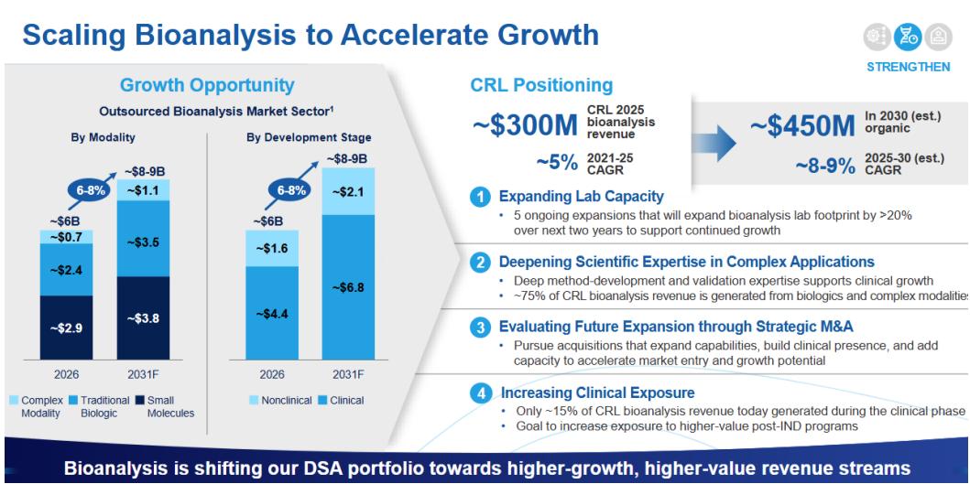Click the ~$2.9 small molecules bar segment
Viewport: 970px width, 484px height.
[x=66, y=328]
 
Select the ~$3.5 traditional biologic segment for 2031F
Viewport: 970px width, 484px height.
[x=143, y=238]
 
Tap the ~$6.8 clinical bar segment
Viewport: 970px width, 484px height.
[x=348, y=286]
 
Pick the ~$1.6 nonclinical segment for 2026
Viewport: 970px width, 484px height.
[x=271, y=248]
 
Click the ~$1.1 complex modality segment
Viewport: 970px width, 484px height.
[x=143, y=189]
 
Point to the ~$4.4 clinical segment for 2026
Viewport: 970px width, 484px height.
[x=271, y=313]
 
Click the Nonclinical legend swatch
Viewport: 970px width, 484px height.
[x=254, y=401]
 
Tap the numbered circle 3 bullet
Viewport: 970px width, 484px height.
[x=479, y=327]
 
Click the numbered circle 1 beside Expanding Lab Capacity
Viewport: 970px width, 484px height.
[x=479, y=198]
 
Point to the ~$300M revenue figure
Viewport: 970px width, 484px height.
[x=526, y=125]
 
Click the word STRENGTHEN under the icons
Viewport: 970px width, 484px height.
[x=908, y=67]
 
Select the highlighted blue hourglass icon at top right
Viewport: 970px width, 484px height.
[x=908, y=38]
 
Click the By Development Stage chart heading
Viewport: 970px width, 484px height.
[x=309, y=137]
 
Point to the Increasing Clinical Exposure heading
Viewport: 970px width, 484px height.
[x=597, y=393]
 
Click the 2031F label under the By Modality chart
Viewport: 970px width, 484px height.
[x=143, y=374]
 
